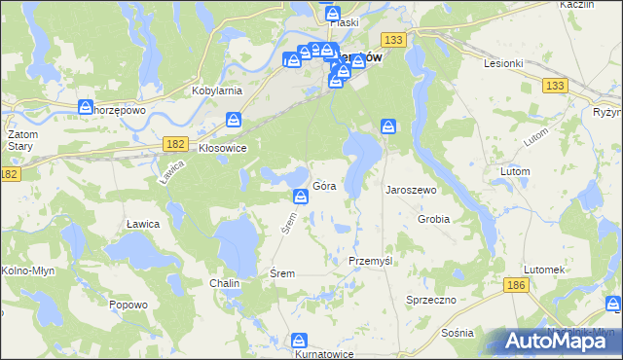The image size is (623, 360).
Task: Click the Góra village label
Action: pyautogui.click(x=325, y=187)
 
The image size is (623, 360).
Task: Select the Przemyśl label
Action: pyautogui.click(x=370, y=262)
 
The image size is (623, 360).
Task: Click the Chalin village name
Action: pyautogui.click(x=224, y=283)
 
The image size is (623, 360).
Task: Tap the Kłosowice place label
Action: pyautogui.click(x=222, y=148)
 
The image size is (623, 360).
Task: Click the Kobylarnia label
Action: pyautogui.click(x=217, y=90)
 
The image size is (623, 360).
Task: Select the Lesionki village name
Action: pyautogui.click(x=504, y=62)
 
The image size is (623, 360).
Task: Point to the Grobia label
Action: pyautogui.click(x=433, y=219)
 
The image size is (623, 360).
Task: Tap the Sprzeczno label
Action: pyautogui.click(x=431, y=301)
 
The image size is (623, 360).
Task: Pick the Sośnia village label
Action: pyautogui.click(x=457, y=333)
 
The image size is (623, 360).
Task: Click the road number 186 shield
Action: pyautogui.click(x=517, y=284)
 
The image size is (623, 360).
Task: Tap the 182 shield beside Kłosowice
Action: pyautogui.click(x=175, y=143)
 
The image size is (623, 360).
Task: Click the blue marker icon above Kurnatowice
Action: pyautogui.click(x=299, y=341)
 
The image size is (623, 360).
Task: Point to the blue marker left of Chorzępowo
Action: pyautogui.click(x=85, y=105)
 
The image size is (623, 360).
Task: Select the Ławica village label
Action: pyautogui.click(x=142, y=224)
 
